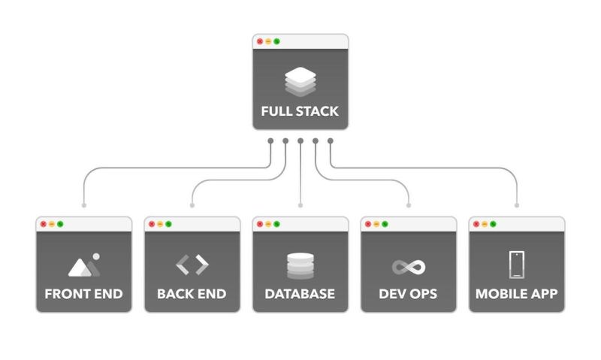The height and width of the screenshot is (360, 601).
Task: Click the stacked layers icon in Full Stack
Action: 300,82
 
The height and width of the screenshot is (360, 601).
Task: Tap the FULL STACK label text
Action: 300,111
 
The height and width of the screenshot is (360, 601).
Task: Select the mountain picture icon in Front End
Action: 83,265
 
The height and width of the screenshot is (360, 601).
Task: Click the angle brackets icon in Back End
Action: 192,265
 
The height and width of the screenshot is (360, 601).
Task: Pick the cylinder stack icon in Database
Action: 300,266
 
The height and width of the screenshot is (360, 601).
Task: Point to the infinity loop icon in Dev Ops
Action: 408,267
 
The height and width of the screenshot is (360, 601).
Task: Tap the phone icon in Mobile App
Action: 516,265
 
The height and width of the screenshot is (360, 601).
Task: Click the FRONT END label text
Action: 83,293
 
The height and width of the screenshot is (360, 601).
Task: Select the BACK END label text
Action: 192,293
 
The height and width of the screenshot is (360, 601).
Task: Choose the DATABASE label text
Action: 300,293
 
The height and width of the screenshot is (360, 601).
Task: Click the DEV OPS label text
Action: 408,293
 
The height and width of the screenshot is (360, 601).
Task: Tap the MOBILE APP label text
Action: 516,293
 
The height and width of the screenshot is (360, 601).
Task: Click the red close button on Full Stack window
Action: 260,41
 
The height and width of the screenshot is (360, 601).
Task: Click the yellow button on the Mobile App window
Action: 485,224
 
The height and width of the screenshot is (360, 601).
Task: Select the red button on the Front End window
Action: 44,224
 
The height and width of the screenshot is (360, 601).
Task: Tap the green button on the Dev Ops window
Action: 385,224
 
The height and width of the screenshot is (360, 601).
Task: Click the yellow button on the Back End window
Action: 160,224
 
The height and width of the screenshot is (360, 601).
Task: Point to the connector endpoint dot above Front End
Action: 83,204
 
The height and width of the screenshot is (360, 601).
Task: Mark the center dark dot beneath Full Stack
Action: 300,141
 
